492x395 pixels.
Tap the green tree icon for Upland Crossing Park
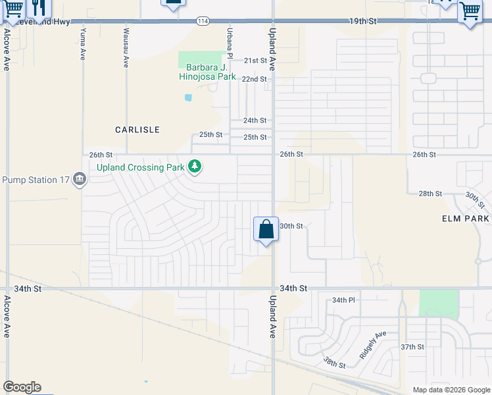[x=195, y=166]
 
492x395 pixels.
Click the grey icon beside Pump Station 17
[x=80, y=179]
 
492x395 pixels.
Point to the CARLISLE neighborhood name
[x=137, y=130]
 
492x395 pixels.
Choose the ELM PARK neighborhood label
[x=466, y=218]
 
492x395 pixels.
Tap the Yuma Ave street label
[x=83, y=41]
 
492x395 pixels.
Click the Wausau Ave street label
[x=125, y=47]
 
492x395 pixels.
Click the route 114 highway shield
[x=203, y=22]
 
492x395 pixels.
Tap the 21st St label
[x=255, y=61]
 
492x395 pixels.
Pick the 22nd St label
[x=254, y=79]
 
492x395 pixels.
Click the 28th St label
[x=430, y=194]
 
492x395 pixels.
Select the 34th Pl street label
[x=343, y=300]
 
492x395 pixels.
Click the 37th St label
[x=412, y=347]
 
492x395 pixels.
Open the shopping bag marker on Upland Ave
[x=266, y=230]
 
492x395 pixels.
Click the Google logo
[x=22, y=387]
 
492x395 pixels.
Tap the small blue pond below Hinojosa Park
[x=189, y=97]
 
